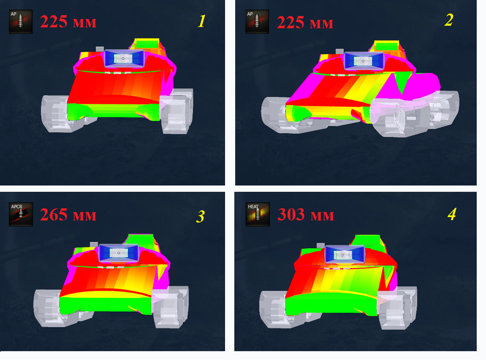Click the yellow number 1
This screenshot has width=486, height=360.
tap(202, 21)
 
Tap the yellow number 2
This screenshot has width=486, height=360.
tap(449, 20)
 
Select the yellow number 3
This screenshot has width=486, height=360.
tap(201, 217)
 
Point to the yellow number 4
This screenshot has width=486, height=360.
tap(452, 214)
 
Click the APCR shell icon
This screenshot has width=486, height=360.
tap(21, 214)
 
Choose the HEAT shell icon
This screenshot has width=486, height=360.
tap(258, 214)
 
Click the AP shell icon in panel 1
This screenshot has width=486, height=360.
tap(21, 21)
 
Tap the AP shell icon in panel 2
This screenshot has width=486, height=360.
tap(257, 22)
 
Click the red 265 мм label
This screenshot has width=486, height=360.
tap(68, 215)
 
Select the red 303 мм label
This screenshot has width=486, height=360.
tap(306, 214)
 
